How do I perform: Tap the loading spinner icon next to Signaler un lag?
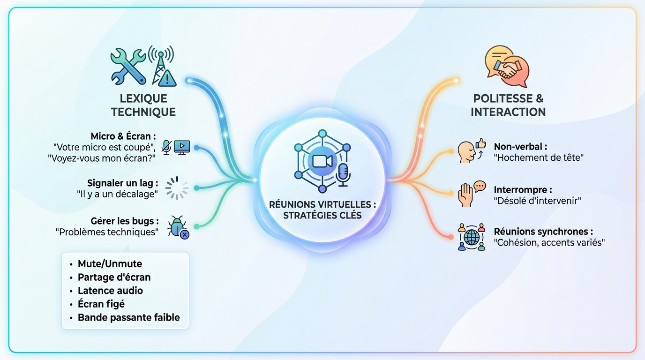coord(177,188)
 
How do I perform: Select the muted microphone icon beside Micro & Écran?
coord(166,147)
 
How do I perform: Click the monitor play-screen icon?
coord(182,147)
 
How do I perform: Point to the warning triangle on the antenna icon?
coord(167,77)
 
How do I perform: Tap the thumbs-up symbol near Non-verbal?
coord(481,143)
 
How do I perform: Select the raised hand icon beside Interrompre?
coord(465,195)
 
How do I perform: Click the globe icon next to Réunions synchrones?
coord(472,237)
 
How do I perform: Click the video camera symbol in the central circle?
coord(322,161)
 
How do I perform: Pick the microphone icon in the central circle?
coord(343,175)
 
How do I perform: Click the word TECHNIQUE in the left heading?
coord(143,112)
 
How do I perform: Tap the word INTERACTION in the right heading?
coord(508,112)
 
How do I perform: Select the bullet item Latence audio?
coord(110,291)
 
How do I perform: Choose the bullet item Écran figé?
coord(101,304)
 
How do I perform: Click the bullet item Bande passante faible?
coord(129,317)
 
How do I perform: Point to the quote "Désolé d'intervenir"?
coord(537,201)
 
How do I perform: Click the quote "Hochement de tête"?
coord(539,157)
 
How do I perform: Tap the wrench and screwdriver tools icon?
coord(128,67)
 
